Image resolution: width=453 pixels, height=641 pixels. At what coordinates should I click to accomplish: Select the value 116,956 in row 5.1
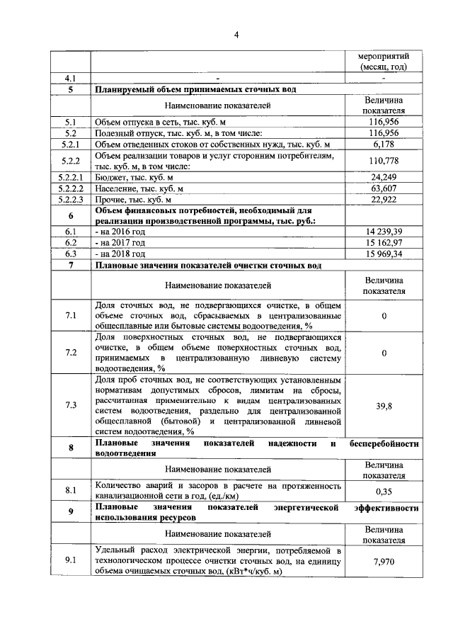coord(384,122)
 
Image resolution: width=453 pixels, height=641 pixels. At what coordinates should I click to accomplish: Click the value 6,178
coord(384,144)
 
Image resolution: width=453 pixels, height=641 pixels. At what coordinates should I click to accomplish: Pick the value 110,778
coord(384,161)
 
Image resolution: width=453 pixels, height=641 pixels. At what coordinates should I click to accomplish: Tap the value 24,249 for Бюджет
coord(384,177)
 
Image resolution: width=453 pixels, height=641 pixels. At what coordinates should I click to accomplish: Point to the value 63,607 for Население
coord(384,188)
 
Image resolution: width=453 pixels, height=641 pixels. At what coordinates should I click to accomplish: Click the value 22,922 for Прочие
coord(384,200)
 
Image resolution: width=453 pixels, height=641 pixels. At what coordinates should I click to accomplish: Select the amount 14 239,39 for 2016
coord(383,232)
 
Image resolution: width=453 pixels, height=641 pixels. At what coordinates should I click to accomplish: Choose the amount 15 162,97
coord(383,242)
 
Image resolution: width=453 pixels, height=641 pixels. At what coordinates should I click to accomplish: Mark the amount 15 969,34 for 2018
coord(383,254)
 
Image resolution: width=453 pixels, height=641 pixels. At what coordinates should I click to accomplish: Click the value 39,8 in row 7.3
coord(384,405)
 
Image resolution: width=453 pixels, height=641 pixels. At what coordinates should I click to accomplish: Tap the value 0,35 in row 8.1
coord(384,491)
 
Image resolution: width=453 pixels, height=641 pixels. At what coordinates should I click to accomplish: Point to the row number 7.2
coord(70,352)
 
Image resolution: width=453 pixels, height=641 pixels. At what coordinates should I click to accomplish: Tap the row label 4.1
coord(70,79)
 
